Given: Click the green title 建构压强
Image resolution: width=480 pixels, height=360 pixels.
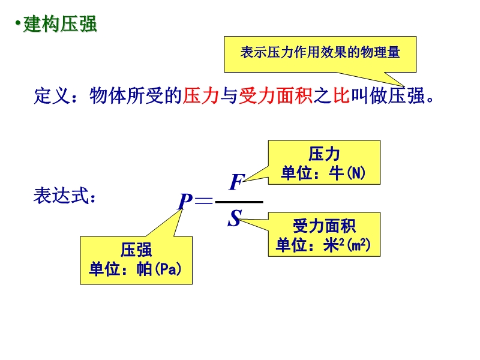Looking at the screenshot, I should pyautogui.click(x=60, y=25).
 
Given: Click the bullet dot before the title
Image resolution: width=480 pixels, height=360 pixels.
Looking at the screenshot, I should pyautogui.click(x=17, y=25).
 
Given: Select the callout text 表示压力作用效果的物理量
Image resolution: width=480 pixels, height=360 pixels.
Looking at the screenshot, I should pyautogui.click(x=320, y=52).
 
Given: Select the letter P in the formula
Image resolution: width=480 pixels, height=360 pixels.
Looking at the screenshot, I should pyautogui.click(x=184, y=202).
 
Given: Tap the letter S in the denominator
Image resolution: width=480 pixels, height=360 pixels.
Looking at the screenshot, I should pyautogui.click(x=234, y=219).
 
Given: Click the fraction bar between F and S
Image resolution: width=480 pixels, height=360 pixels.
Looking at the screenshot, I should pyautogui.click(x=239, y=202).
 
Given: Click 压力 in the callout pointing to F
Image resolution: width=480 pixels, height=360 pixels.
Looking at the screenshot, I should pyautogui.click(x=323, y=155).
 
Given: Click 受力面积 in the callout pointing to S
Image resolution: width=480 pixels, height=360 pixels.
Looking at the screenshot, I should pyautogui.click(x=324, y=226).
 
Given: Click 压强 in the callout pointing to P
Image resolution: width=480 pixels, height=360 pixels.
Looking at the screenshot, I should pyautogui.click(x=136, y=250).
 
